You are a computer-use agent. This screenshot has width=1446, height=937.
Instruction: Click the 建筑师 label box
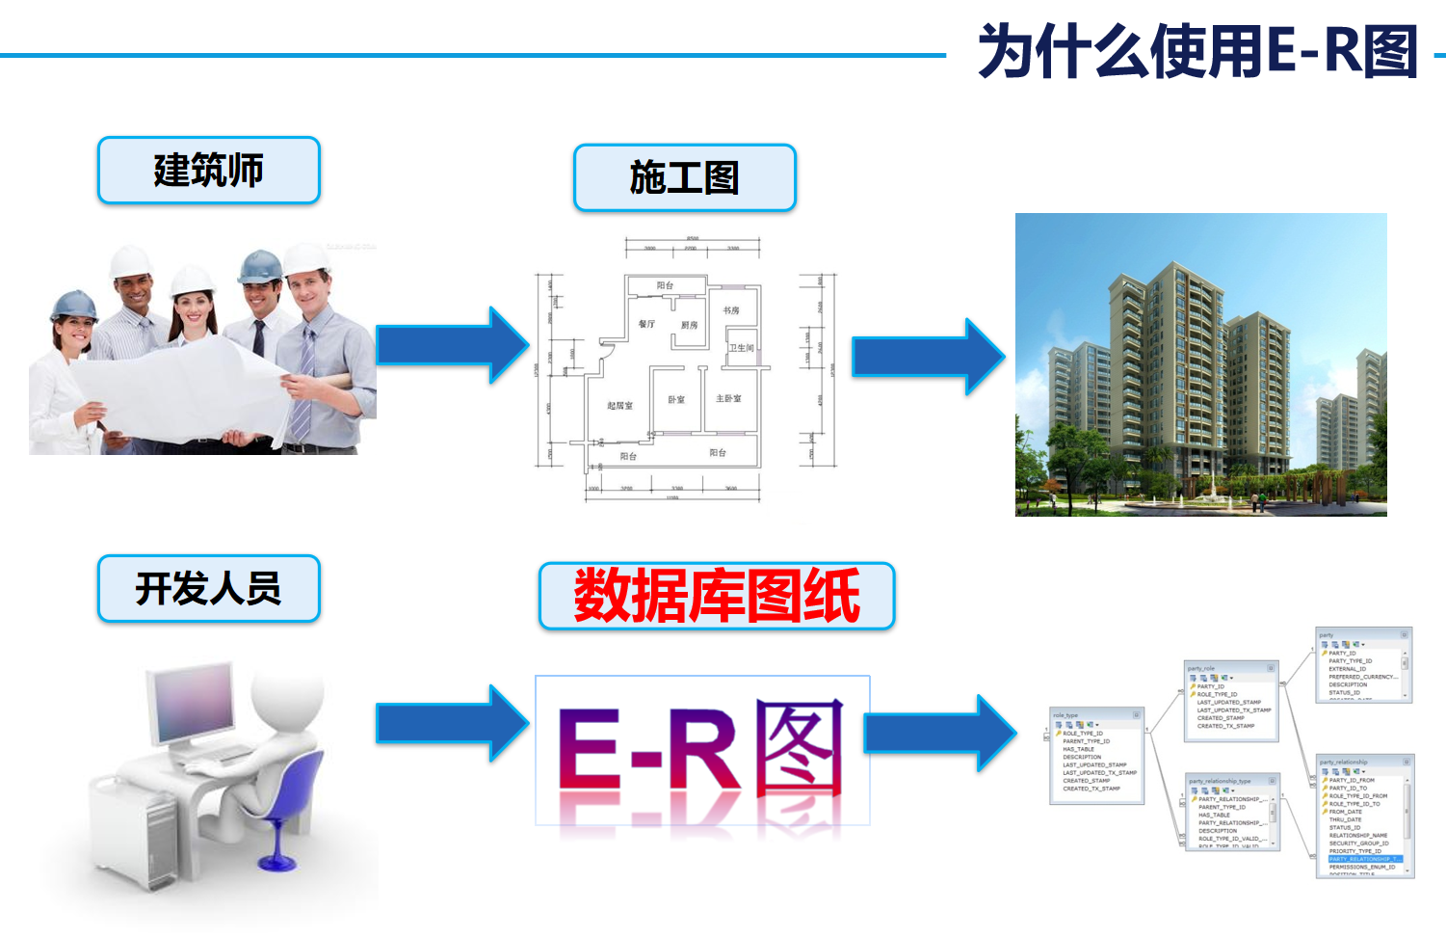(x=208, y=171)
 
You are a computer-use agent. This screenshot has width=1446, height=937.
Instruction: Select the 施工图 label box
(x=684, y=178)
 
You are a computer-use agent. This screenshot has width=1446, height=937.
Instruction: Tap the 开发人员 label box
(x=208, y=588)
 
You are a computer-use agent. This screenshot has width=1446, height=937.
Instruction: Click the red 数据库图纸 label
(x=717, y=596)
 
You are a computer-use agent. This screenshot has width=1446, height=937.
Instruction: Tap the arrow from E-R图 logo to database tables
(x=939, y=733)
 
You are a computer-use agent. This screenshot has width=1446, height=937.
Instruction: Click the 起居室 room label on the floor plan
(x=619, y=406)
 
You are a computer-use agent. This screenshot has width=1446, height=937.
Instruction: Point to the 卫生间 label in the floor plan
(x=741, y=348)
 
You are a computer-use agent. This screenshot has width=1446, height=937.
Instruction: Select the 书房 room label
(x=731, y=310)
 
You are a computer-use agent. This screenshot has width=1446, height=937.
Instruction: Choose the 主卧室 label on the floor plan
(x=728, y=398)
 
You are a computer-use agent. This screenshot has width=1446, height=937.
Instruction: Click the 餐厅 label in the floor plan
(x=646, y=324)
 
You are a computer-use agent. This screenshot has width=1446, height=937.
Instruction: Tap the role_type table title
(x=1065, y=715)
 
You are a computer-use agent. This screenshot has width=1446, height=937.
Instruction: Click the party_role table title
(x=1201, y=668)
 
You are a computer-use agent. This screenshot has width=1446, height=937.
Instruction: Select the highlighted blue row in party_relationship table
(x=1364, y=859)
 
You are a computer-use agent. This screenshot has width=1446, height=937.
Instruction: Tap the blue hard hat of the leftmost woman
(x=73, y=305)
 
